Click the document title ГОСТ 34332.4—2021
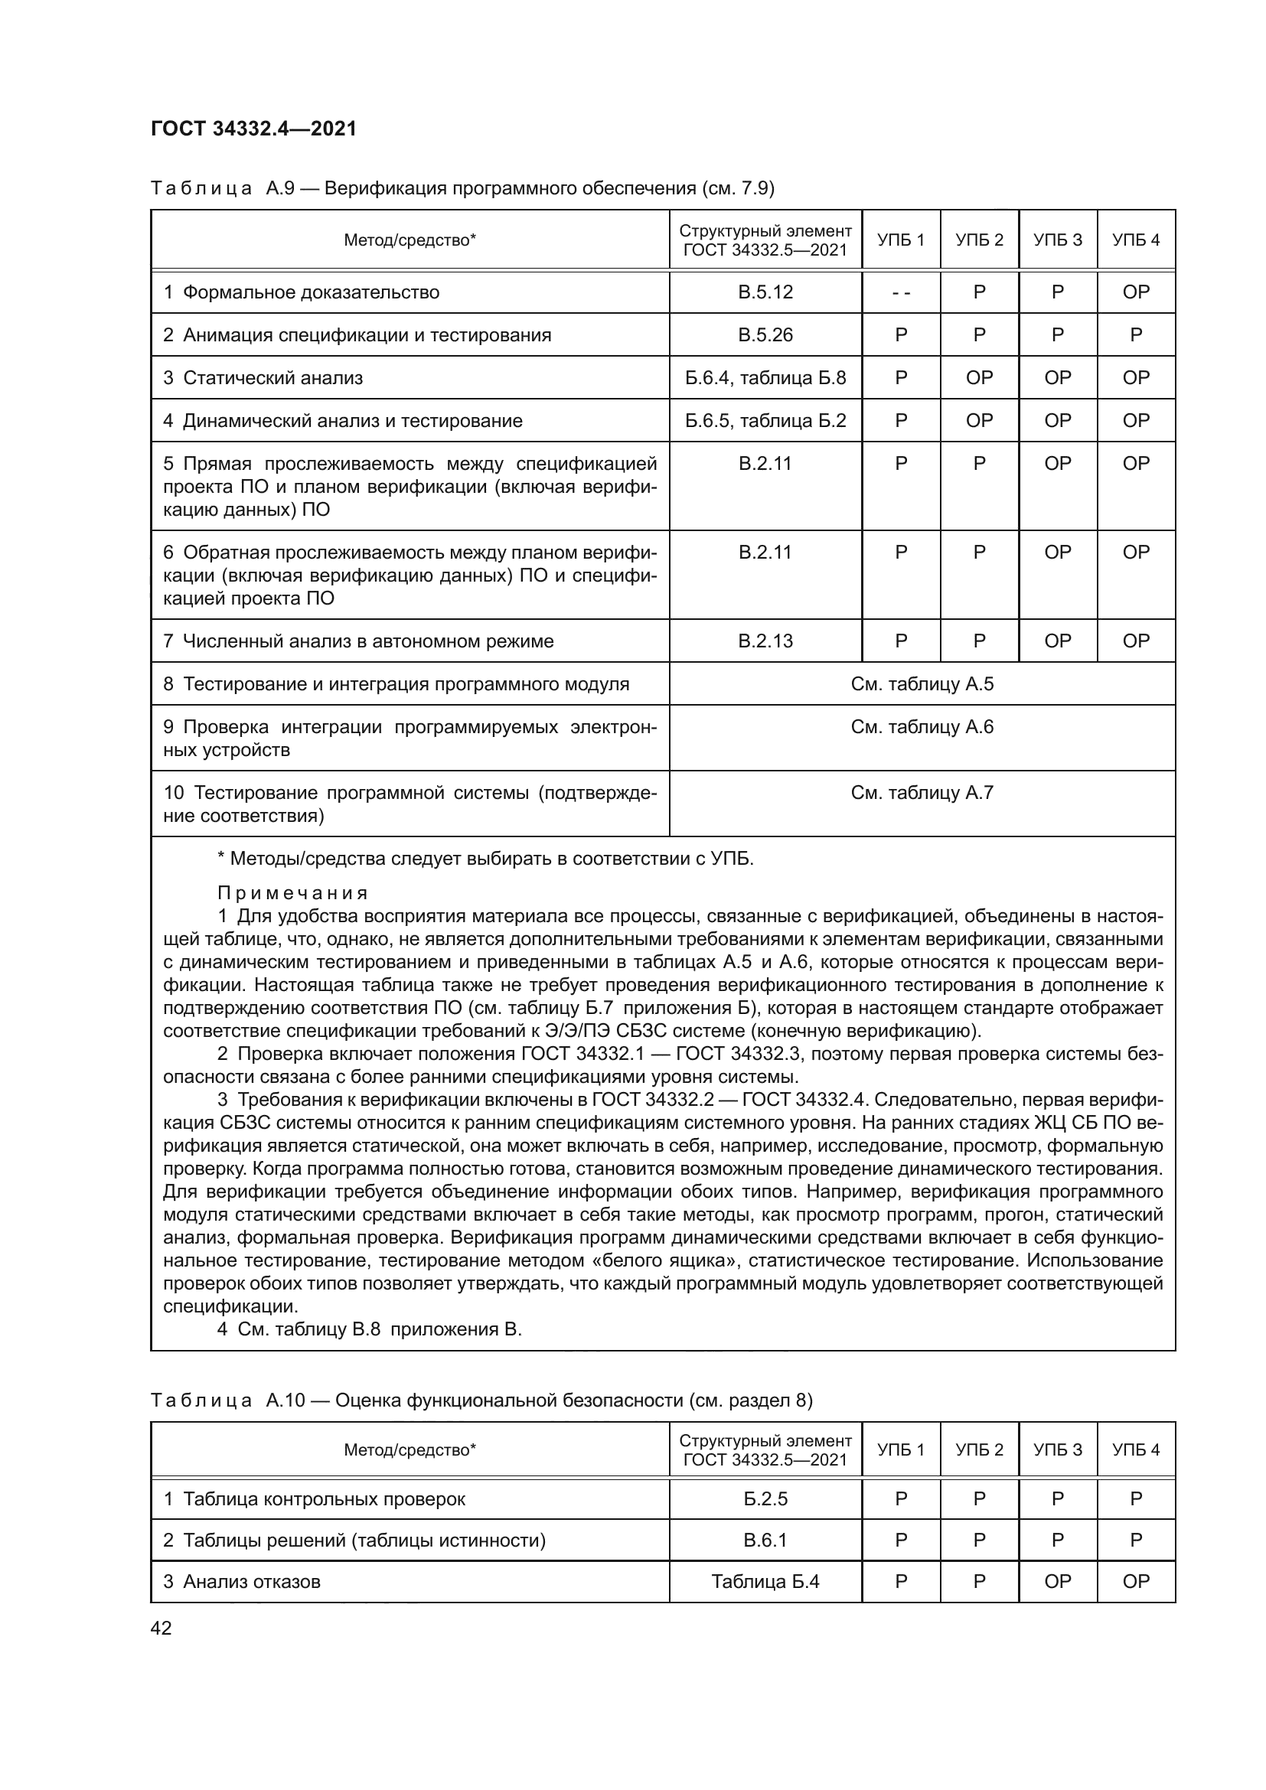(253, 129)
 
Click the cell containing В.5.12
(765, 292)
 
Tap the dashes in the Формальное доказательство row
(900, 293)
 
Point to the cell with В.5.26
(765, 335)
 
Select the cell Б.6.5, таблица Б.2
(765, 421)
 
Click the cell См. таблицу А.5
(922, 683)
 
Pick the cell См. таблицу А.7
(922, 793)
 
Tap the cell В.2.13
(765, 641)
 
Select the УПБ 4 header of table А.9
(1135, 240)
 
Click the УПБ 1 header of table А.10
(900, 1450)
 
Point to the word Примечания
(292, 892)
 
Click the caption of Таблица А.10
(481, 1401)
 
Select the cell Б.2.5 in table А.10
(765, 1499)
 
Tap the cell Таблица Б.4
(765, 1582)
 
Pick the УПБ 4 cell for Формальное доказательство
(1135, 292)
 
